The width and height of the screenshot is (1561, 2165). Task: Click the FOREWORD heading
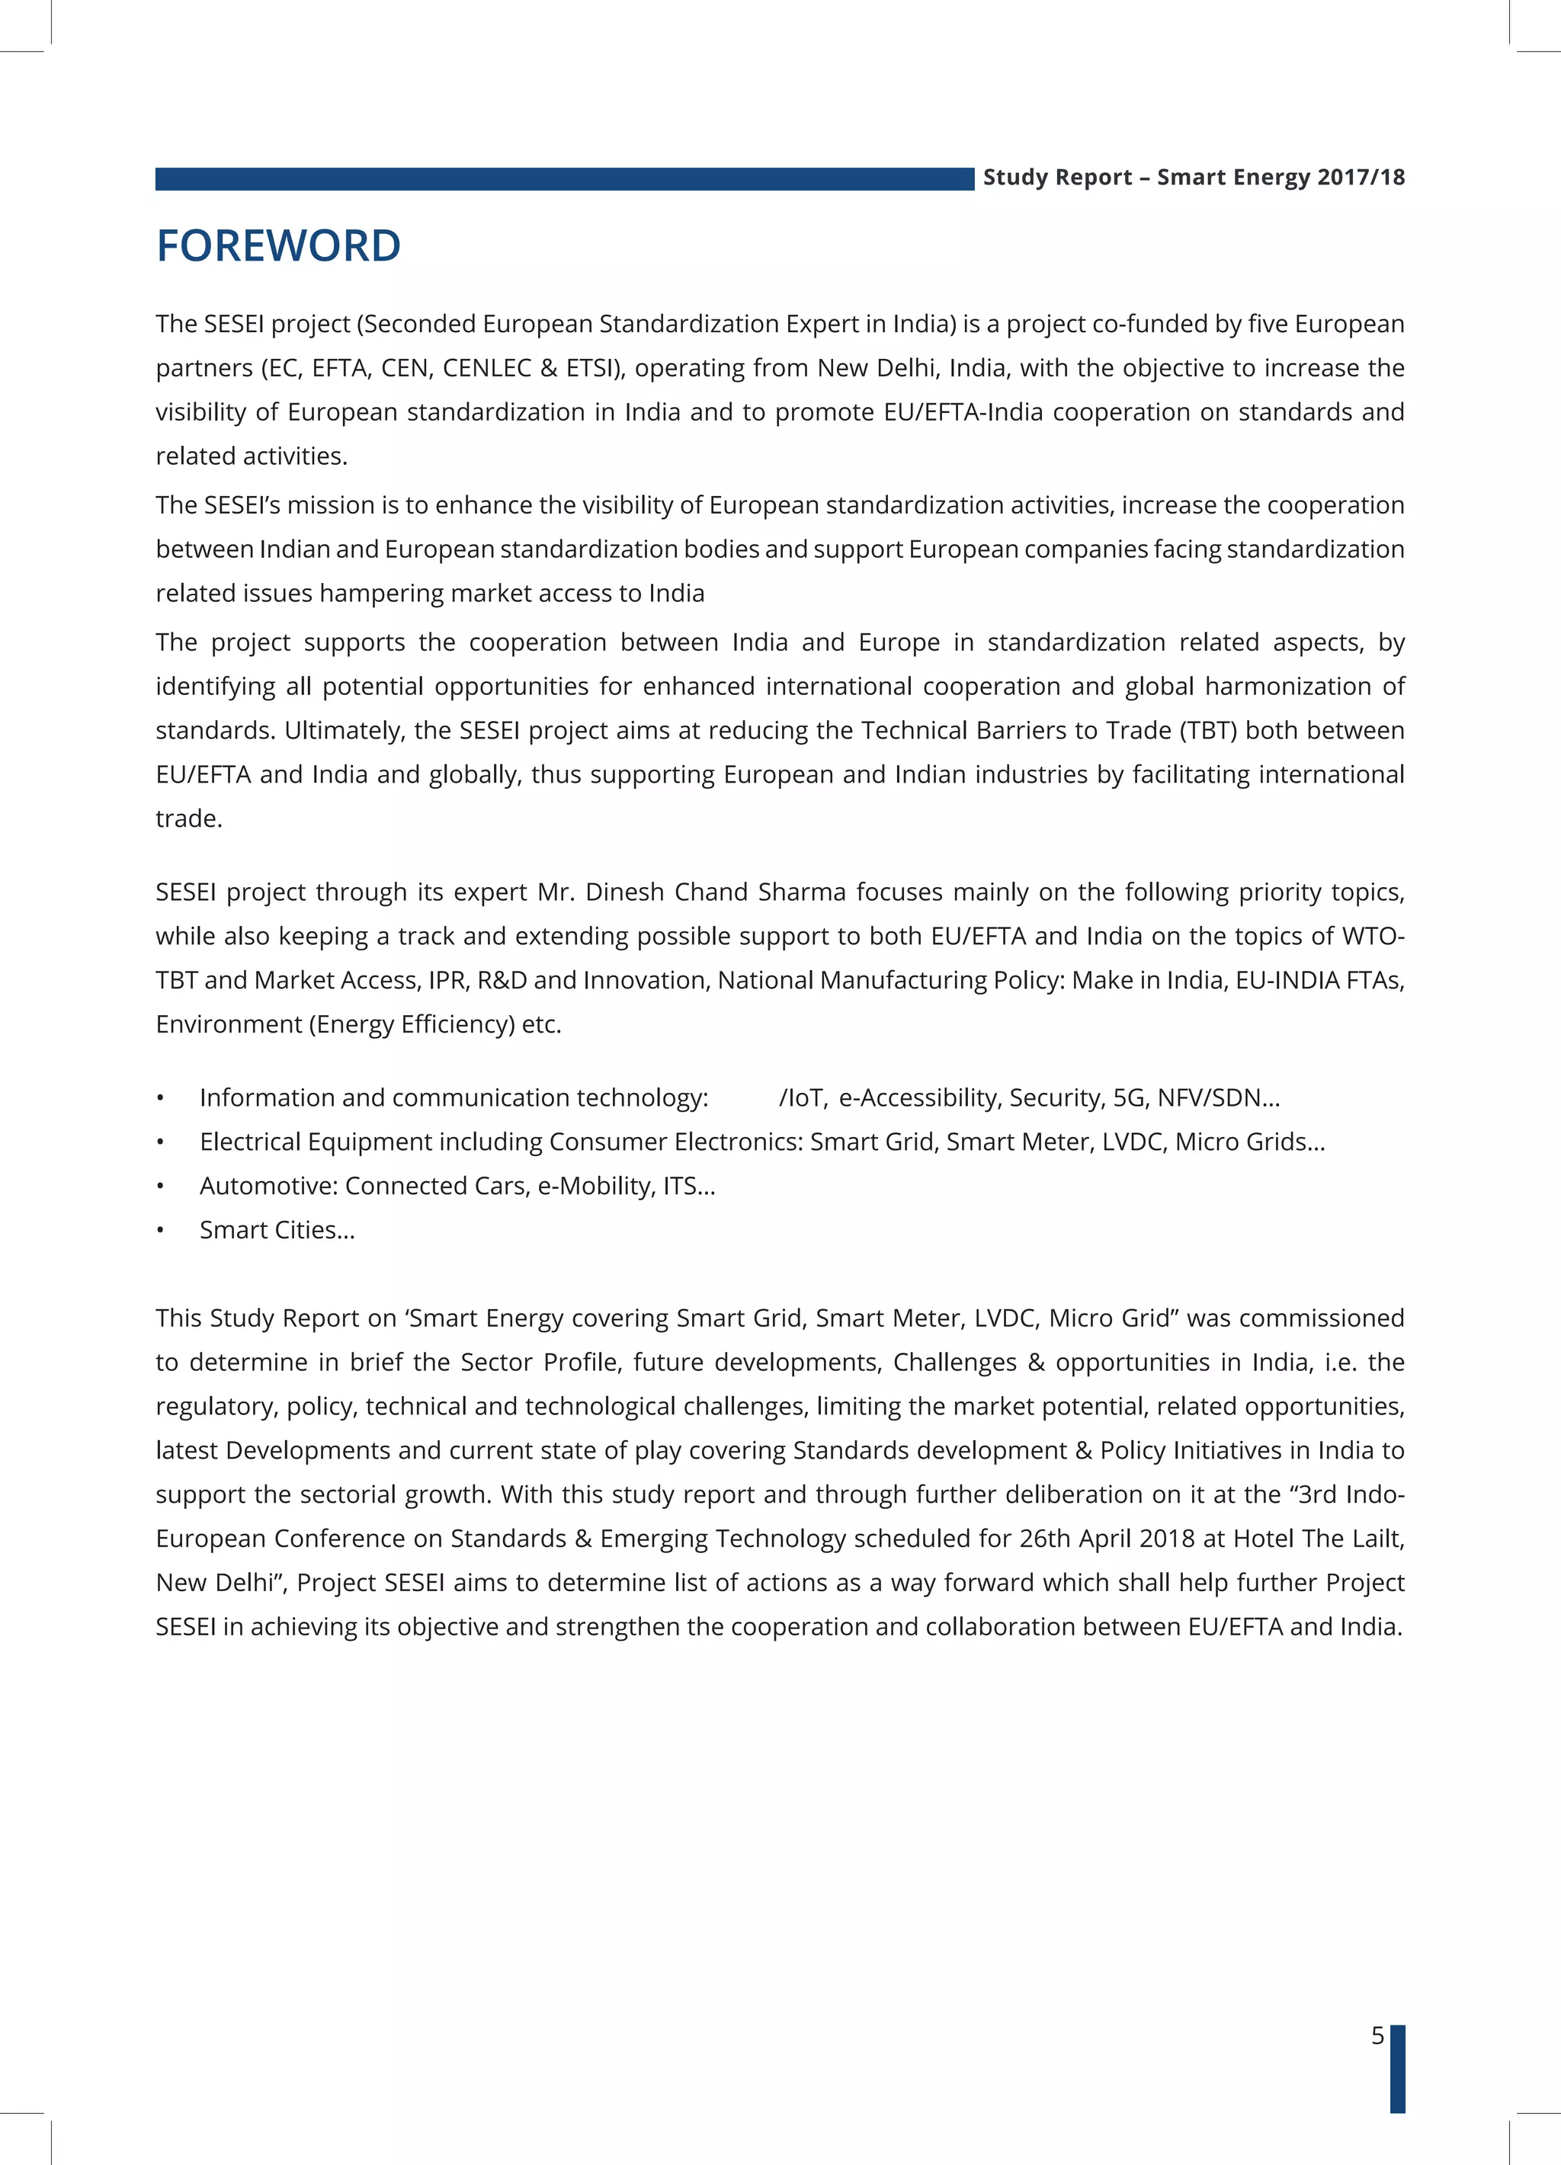point(278,246)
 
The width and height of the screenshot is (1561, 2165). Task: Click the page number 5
point(1377,2035)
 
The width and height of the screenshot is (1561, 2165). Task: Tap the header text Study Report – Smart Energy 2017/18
point(1194,178)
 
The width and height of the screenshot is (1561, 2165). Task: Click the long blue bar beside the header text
point(563,179)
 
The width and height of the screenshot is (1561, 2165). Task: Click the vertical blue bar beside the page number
point(1397,2067)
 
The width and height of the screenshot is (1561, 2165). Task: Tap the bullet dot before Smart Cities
point(160,1231)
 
